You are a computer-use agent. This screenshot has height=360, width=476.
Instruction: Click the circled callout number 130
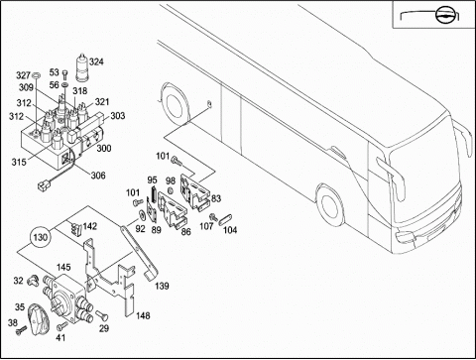pyautogui.click(x=41, y=237)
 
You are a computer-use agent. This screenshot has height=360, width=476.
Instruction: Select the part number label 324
pyautogui.click(x=96, y=61)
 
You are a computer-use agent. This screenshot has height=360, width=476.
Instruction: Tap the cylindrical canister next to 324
pyautogui.click(x=82, y=67)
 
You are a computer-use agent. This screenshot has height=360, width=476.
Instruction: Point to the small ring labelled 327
pyautogui.click(x=37, y=76)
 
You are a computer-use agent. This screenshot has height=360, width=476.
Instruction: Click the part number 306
pyautogui.click(x=98, y=176)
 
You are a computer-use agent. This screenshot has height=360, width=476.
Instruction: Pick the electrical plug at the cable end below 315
pyautogui.click(x=42, y=187)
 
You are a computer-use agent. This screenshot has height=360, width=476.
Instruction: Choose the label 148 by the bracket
pyautogui.click(x=143, y=316)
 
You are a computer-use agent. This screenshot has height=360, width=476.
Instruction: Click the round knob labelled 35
pyautogui.click(x=38, y=320)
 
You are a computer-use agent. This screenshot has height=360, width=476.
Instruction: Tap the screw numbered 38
pyautogui.click(x=22, y=329)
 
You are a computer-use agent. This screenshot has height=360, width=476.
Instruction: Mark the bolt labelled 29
pyautogui.click(x=101, y=315)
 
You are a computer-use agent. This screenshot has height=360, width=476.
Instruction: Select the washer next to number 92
pyautogui.click(x=142, y=215)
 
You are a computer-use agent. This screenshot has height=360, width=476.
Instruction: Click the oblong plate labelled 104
pyautogui.click(x=225, y=219)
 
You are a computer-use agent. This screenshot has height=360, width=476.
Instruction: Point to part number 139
pyautogui.click(x=162, y=286)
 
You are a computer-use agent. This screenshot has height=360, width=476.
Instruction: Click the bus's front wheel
pyautogui.click(x=330, y=205)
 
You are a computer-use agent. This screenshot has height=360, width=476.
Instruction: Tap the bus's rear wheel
pyautogui.click(x=174, y=104)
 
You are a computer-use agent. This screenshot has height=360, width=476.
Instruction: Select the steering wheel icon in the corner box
pyautogui.click(x=444, y=15)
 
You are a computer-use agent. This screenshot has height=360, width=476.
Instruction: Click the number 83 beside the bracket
pyautogui.click(x=216, y=198)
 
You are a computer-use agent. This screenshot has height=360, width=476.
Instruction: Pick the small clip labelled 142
pyautogui.click(x=76, y=227)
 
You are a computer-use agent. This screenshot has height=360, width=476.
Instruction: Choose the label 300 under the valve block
pyautogui.click(x=104, y=148)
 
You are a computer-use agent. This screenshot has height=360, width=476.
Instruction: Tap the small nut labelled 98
pyautogui.click(x=171, y=191)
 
